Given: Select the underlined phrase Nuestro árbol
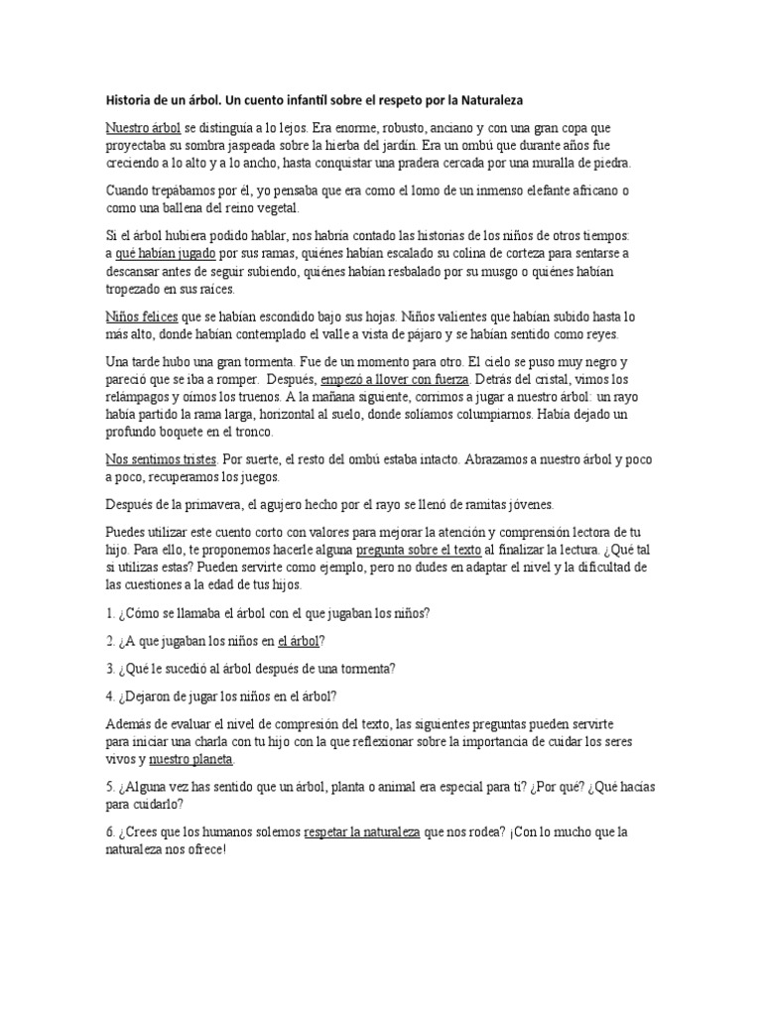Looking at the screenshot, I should tap(143, 129).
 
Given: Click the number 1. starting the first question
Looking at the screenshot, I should tap(109, 613).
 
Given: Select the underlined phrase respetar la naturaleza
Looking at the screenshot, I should tap(362, 831).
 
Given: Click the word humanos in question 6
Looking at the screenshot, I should tap(208, 831).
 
